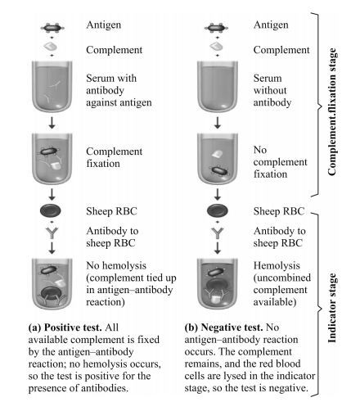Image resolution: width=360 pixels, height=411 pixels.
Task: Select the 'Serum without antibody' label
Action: click(266, 86)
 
